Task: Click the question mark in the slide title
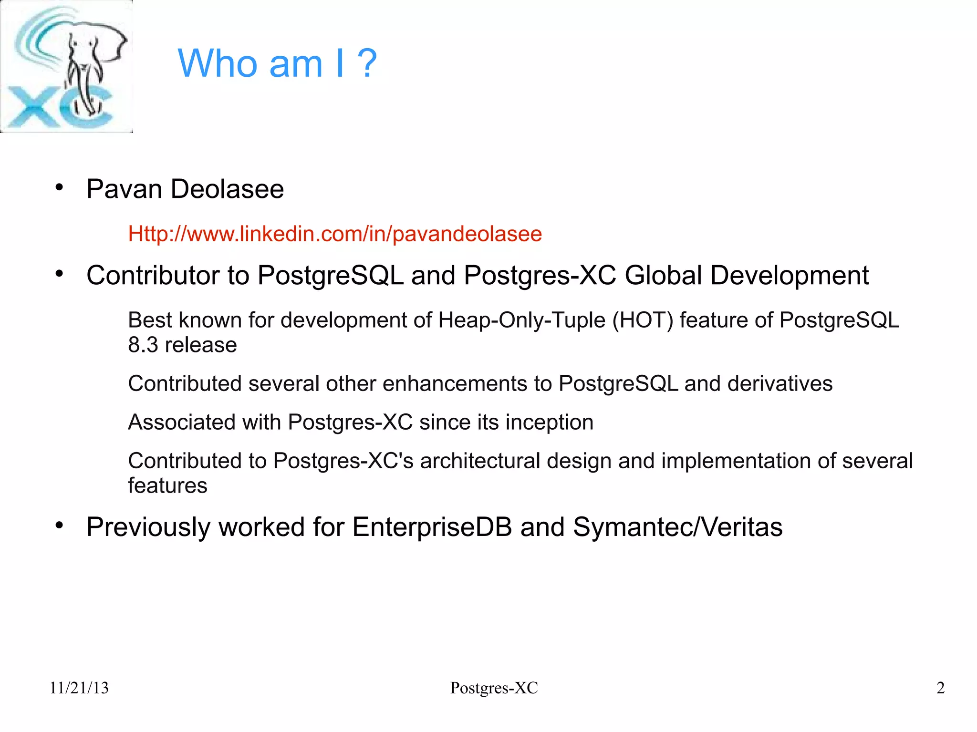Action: coord(367,63)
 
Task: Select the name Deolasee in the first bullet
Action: coord(227,189)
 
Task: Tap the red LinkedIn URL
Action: coord(335,234)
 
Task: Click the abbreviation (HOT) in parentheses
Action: coord(643,320)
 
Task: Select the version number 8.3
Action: coord(143,345)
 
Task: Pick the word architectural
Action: coord(480,461)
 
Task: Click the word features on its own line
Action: coord(167,485)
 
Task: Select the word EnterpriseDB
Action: coord(432,527)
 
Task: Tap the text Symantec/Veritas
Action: coord(677,527)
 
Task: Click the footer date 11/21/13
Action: coord(79,688)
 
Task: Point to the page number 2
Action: coord(940,688)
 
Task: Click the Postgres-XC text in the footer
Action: coord(494,688)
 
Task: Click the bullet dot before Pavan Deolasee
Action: coord(59,187)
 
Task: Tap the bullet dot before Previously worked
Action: coord(59,526)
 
